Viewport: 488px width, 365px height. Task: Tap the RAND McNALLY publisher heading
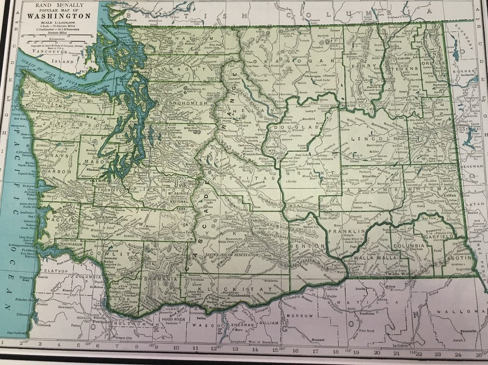pyautogui.click(x=59, y=4)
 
